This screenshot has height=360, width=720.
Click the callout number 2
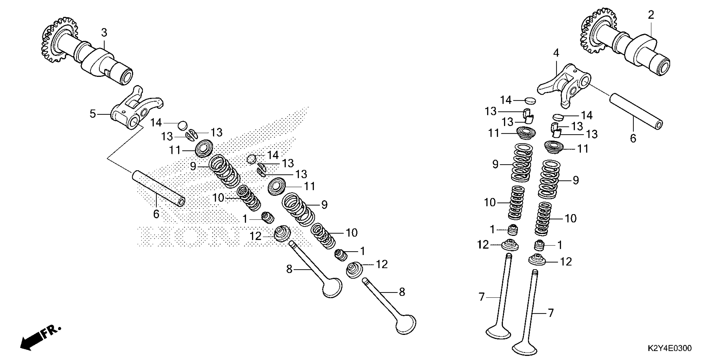pos(651,15)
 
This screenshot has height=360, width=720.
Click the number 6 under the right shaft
pos(633,138)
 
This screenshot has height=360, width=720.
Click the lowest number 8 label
pos(402,292)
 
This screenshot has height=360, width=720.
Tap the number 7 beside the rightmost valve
pos(550,313)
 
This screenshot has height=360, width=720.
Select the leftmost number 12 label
pos(255,236)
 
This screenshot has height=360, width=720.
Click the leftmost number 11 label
pos(175,150)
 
